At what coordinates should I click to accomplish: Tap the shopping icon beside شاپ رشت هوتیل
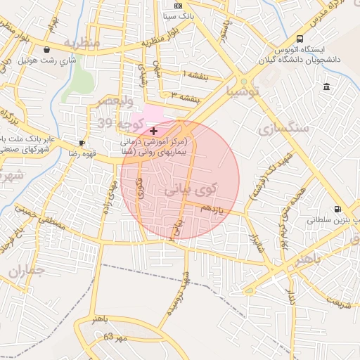(47, 50)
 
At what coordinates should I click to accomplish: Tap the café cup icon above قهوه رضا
(82, 143)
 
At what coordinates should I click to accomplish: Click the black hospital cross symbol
(153, 131)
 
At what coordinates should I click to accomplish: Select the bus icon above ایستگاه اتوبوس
(300, 39)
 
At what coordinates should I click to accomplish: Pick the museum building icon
(326, 86)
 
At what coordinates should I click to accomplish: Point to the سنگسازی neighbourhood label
(283, 129)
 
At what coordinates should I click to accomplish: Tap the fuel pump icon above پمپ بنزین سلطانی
(338, 209)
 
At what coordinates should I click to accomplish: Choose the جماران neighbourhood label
(26, 271)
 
